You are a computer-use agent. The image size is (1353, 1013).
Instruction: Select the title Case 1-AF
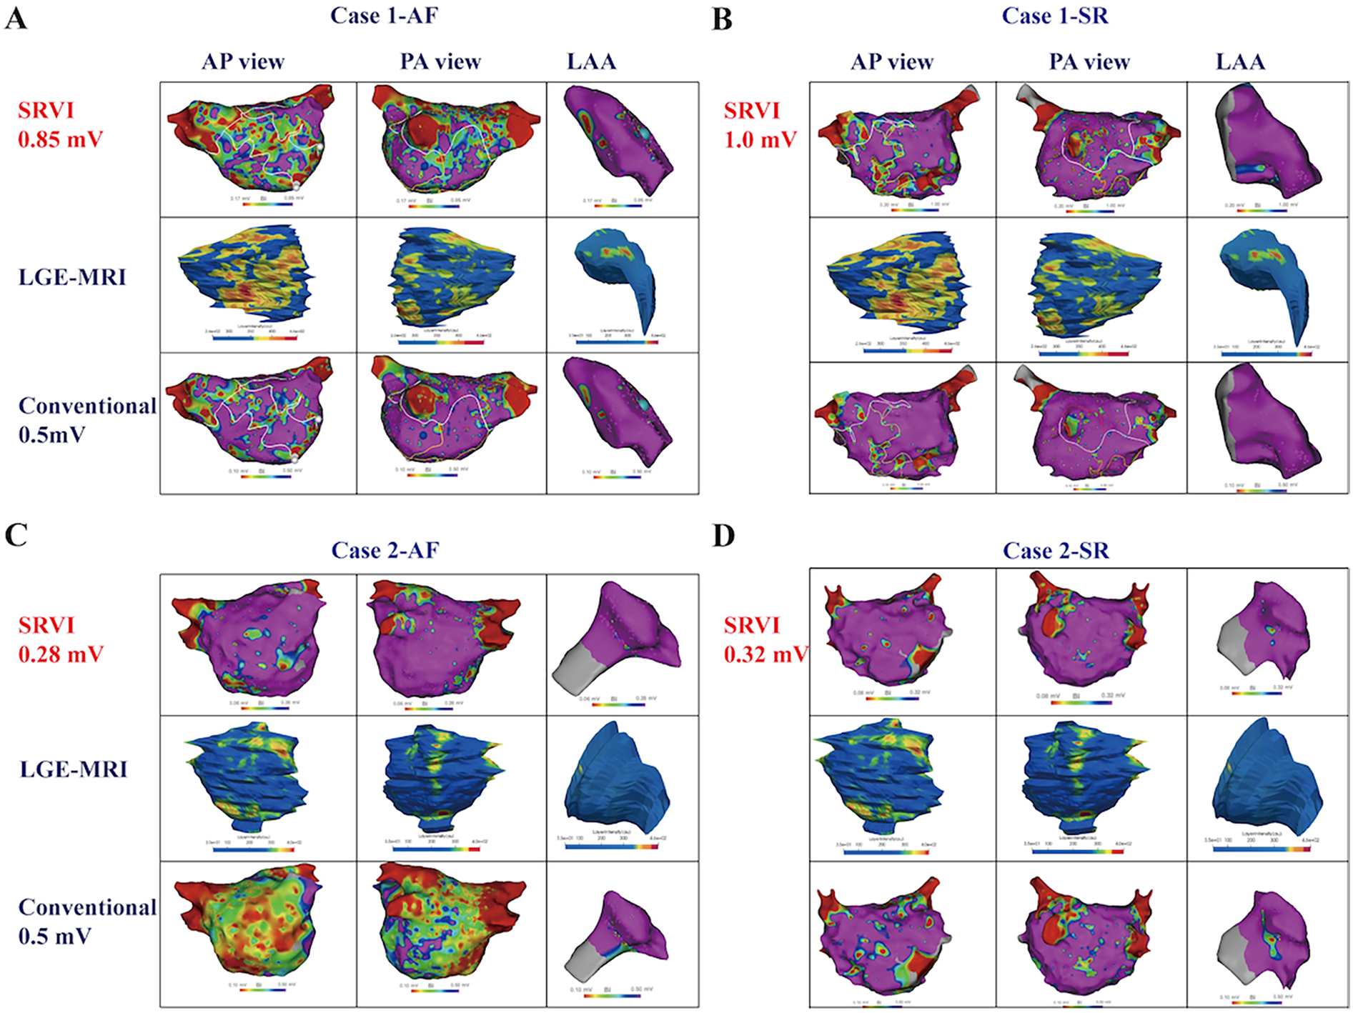click(384, 16)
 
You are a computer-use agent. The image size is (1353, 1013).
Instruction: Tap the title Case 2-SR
click(1056, 551)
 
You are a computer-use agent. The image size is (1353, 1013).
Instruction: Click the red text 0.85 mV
click(61, 139)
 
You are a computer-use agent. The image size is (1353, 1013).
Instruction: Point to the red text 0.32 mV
click(765, 654)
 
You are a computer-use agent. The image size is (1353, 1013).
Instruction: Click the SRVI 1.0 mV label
click(759, 125)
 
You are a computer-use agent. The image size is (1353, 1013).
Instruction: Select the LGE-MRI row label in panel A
click(72, 277)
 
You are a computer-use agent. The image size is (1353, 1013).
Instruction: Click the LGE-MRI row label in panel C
click(72, 769)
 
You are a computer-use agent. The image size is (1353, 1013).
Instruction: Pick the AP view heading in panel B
click(891, 62)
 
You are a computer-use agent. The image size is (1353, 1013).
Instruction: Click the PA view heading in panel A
click(440, 62)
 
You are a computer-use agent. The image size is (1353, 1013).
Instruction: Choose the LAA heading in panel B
click(1240, 62)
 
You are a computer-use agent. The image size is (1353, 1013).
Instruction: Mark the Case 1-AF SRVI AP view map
click(250, 139)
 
